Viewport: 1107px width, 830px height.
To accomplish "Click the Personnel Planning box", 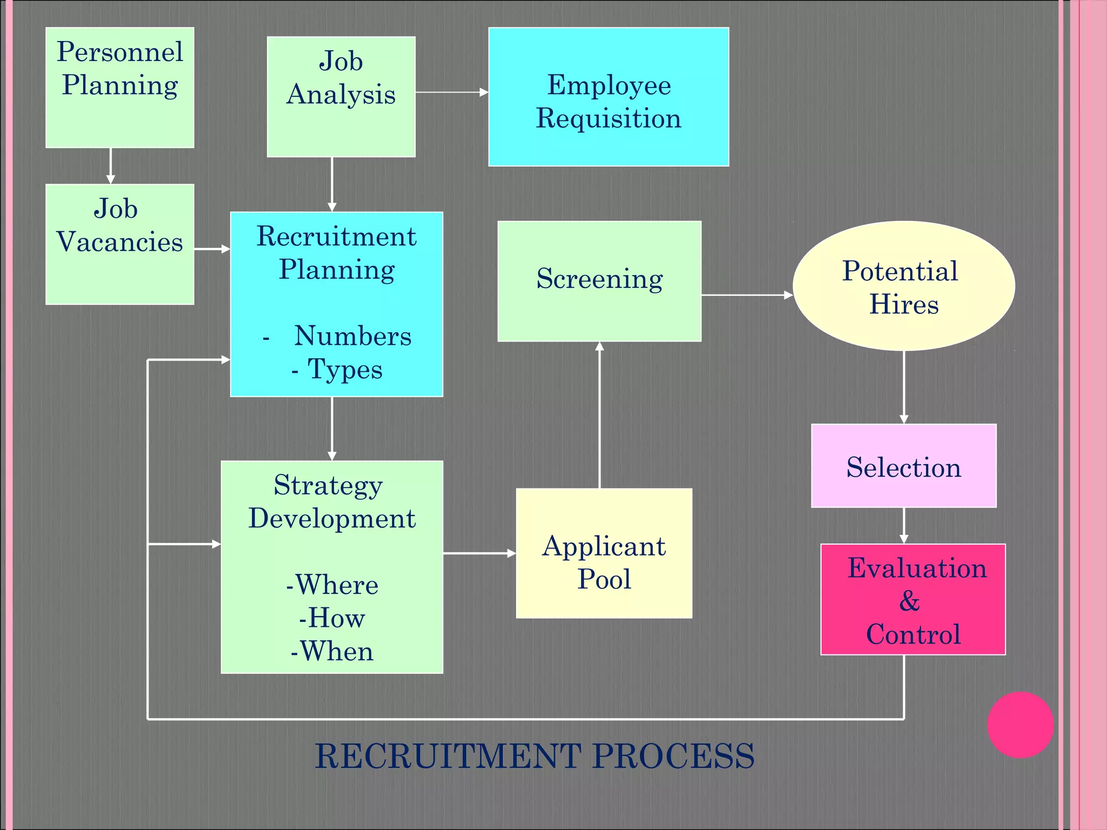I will coord(119,88).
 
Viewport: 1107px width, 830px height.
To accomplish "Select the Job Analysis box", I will coord(341,97).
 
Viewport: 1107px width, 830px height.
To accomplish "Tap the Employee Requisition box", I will coord(609,97).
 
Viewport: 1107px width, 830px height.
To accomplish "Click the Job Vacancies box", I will coord(119,244).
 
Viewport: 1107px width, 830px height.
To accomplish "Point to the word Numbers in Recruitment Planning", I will coord(352,336).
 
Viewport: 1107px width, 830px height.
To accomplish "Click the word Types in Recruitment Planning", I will coord(344,370).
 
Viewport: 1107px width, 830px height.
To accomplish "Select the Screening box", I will coord(599,281).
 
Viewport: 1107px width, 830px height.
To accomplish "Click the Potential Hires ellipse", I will coord(903,286).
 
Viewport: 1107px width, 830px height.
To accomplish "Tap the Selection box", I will coord(903,466).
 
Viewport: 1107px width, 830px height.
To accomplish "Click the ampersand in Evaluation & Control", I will coord(910,601).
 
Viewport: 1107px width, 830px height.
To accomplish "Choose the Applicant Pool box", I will coord(604,553).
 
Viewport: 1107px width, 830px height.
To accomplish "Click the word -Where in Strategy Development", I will coord(332,585).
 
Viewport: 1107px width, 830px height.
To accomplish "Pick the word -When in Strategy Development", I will coord(332,651).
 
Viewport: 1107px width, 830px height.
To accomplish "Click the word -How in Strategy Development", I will coord(332,618).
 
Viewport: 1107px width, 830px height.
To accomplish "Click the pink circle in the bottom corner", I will coord(1020,725).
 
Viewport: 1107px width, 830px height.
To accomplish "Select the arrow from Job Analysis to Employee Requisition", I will coord(451,92).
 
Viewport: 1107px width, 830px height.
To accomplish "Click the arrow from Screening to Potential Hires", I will coord(746,295).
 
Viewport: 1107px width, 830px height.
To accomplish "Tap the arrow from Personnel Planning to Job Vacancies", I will coord(110,166).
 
